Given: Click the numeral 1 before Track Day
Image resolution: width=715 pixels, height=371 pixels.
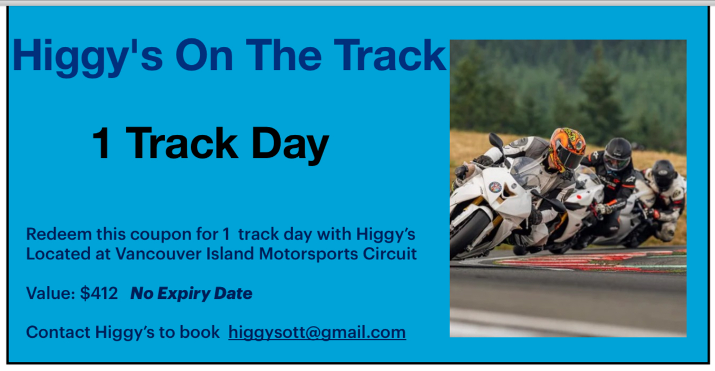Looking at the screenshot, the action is coord(101,142).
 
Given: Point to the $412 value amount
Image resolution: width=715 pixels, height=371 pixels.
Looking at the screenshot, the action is coord(99,293).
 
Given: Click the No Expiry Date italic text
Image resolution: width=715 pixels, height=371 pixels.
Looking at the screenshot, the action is coord(191,293).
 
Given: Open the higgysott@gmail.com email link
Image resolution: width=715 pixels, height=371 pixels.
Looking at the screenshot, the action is coord(317,332).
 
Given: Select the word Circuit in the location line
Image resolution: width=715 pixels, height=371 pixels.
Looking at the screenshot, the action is coord(390,254).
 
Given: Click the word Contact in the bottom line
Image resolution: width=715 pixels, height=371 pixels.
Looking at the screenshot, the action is coord(59,332).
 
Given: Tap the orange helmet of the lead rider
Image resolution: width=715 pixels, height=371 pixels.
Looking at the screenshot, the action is coord(567,149).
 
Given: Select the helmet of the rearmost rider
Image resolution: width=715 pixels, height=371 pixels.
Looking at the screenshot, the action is coord(663,175).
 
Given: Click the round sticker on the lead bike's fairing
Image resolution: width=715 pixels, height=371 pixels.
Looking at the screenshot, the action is coord(495,187).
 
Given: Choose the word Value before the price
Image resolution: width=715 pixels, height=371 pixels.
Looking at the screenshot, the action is coord(50,293).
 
